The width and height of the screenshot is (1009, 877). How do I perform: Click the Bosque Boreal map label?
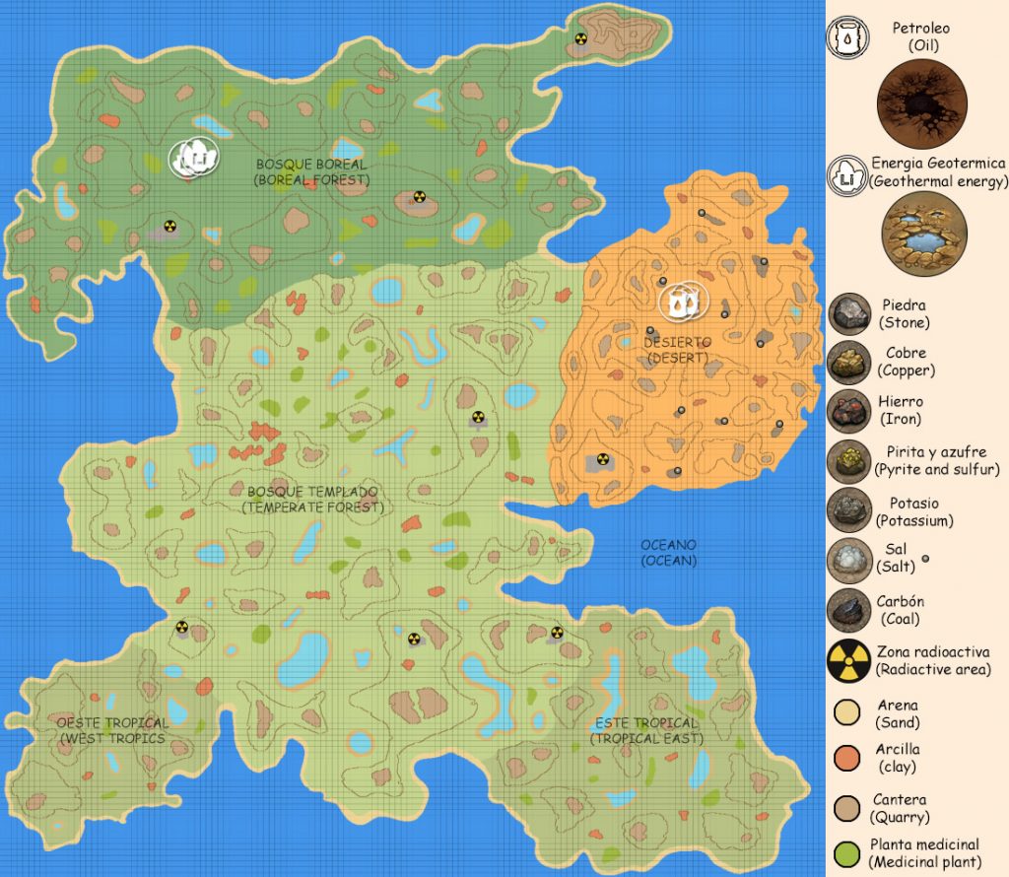click(310, 171)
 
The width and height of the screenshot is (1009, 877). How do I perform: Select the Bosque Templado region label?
click(312, 499)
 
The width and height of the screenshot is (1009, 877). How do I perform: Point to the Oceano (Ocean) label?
click(668, 552)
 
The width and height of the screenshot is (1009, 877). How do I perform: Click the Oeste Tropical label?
click(112, 730)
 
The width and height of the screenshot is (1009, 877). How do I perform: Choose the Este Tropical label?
click(646, 731)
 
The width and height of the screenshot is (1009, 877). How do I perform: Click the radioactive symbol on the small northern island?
click(581, 39)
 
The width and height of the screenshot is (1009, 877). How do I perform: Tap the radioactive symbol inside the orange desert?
click(601, 458)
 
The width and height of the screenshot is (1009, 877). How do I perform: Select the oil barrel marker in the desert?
click(682, 302)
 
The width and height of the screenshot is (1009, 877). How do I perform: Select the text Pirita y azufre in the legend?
click(922, 451)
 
